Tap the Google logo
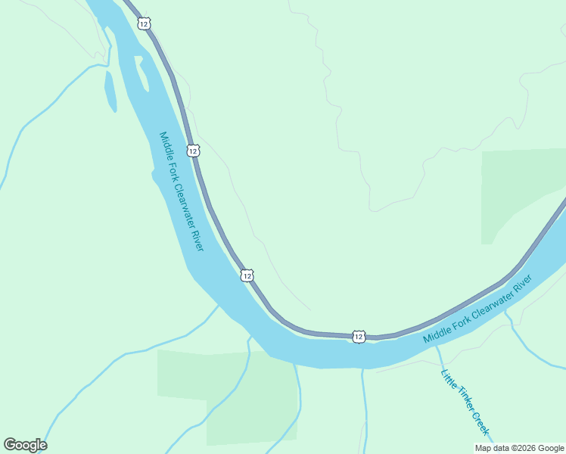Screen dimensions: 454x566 click(25, 445)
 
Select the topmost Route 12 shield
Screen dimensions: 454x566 click(144, 23)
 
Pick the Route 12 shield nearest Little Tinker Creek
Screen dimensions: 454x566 click(359, 336)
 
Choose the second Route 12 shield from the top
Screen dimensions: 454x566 click(194, 151)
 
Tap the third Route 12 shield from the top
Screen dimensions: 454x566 click(247, 275)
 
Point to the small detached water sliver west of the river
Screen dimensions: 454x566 click(110, 91)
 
